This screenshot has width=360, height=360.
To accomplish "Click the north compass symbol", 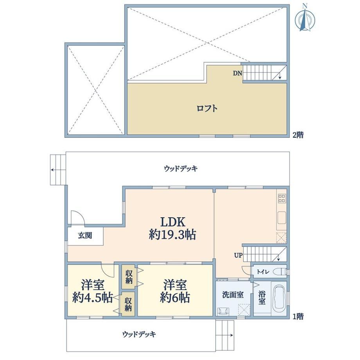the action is pyautogui.click(x=305, y=18).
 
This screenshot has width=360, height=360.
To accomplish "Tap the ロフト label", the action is pyautogui.click(x=207, y=108).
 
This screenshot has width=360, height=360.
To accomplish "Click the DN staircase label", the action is pyautogui.click(x=238, y=73).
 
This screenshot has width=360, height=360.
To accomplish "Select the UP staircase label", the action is pyautogui.click(x=238, y=255).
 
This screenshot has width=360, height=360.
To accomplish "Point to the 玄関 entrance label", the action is pyautogui.click(x=85, y=235).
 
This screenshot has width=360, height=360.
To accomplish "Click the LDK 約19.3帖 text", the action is pyautogui.click(x=173, y=229).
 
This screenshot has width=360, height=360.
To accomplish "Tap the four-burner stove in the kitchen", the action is pyautogui.click(x=282, y=198).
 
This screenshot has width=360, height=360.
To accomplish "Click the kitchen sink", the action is pyautogui.click(x=282, y=218).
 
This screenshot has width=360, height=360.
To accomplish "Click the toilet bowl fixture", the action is pyautogui.click(x=281, y=272).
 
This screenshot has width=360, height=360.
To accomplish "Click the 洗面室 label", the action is pyautogui.click(x=233, y=295).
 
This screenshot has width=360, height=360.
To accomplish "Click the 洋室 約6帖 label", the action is pyautogui.click(x=175, y=291).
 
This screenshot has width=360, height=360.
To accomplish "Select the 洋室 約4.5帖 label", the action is pyautogui.click(x=92, y=291).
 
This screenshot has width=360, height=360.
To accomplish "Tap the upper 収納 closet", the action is pyautogui.click(x=129, y=277).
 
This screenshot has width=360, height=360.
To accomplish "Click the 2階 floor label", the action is pyautogui.click(x=298, y=135).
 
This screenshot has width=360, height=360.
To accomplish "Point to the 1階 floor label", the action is pyautogui.click(x=298, y=317).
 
